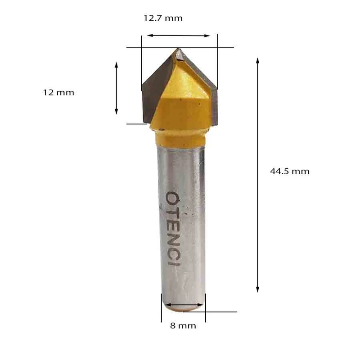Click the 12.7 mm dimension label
[x=163, y=18]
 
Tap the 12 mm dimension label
[x=58, y=93]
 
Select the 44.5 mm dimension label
[x=289, y=171]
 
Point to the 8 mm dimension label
[x=183, y=325]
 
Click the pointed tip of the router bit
[x=178, y=49]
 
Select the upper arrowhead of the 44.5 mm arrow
[x=257, y=60]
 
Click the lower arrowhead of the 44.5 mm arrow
[x=257, y=289]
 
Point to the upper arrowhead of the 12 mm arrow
[x=117, y=64]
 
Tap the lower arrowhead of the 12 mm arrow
[x=117, y=112]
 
